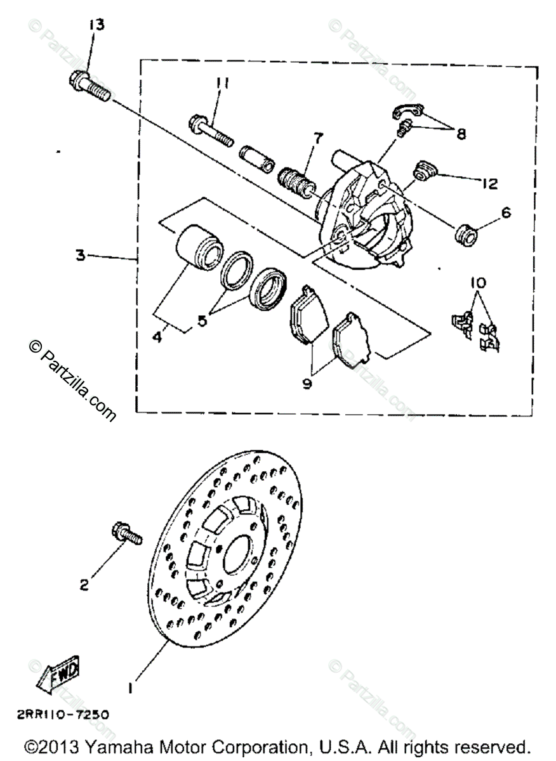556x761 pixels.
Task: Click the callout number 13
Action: [x=97, y=25]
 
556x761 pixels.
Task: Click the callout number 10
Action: [x=478, y=282]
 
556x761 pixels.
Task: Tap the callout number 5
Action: [x=202, y=320]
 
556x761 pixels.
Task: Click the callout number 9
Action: [x=307, y=383]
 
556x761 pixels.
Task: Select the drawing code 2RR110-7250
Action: [x=69, y=714]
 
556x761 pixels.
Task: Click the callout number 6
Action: [x=505, y=214]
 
